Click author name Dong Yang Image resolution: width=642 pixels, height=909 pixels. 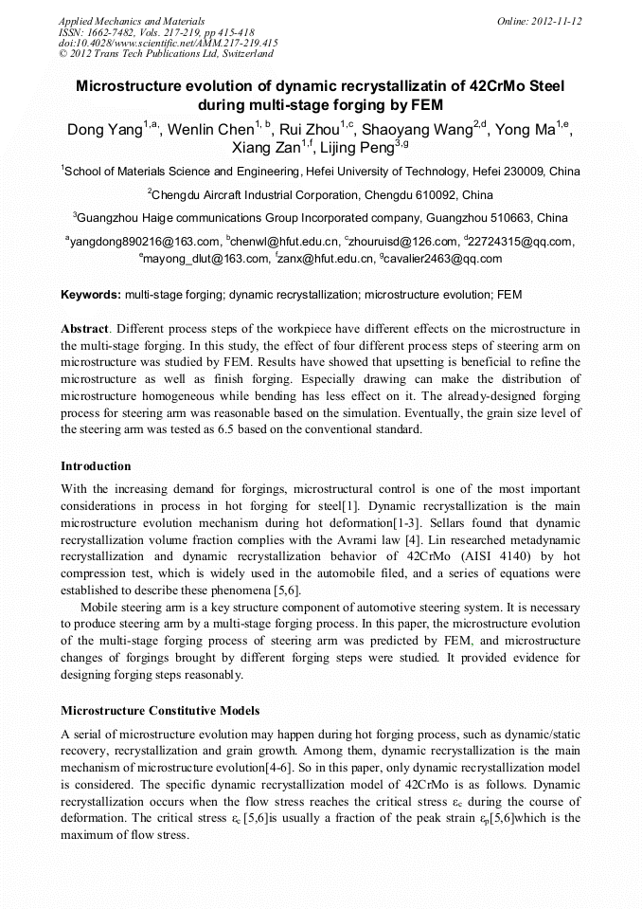pyautogui.click(x=102, y=130)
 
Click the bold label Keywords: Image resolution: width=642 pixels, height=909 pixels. pyautogui.click(x=90, y=296)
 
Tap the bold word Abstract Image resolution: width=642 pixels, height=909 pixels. pyautogui.click(x=84, y=328)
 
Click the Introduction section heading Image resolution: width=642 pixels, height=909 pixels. pyautogui.click(x=96, y=466)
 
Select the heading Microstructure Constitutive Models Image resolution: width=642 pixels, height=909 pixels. pyautogui.click(x=160, y=711)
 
